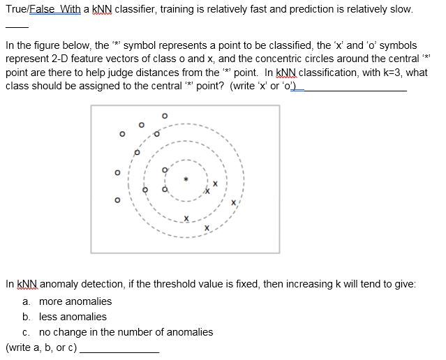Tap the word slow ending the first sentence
(400, 10)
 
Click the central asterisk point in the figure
(186, 179)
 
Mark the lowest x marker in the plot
(207, 227)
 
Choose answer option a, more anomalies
(75, 301)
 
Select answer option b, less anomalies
(73, 317)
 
